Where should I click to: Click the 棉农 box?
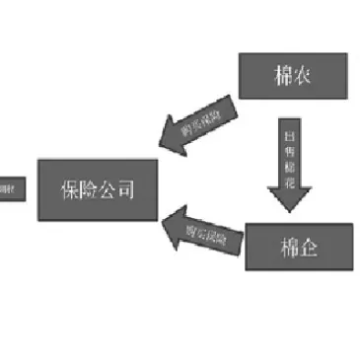click(x=293, y=75)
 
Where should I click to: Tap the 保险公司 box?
click(x=99, y=189)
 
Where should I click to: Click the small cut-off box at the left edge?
click(x=9, y=187)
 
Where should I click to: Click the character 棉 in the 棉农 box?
click(x=280, y=75)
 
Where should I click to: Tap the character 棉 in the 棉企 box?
click(x=284, y=246)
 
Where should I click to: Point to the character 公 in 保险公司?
click(x=109, y=189)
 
